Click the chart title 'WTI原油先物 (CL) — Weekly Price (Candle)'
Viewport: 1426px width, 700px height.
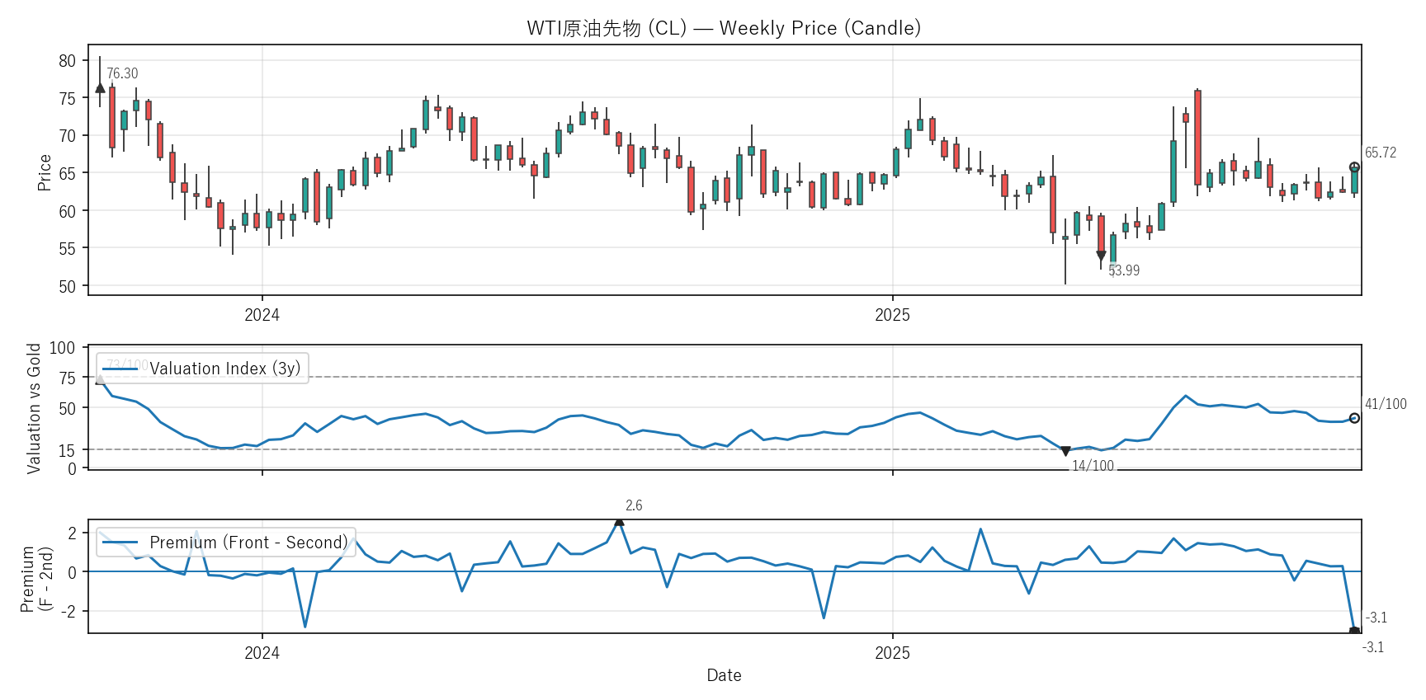pyautogui.click(x=724, y=28)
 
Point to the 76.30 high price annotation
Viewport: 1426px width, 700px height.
pyautogui.click(x=122, y=73)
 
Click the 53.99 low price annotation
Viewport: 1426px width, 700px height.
pyautogui.click(x=1123, y=270)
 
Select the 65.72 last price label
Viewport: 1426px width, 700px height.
pyautogui.click(x=1380, y=153)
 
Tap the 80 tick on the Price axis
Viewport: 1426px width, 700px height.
pyautogui.click(x=67, y=60)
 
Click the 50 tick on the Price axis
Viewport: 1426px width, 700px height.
pyautogui.click(x=67, y=286)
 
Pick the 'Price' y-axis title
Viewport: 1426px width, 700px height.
pyautogui.click(x=45, y=172)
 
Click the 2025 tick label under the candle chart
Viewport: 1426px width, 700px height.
pyautogui.click(x=892, y=315)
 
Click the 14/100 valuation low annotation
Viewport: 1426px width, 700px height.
pyautogui.click(x=1093, y=466)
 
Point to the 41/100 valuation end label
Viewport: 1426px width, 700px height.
pyautogui.click(x=1385, y=404)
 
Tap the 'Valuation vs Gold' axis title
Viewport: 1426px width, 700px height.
pyautogui.click(x=34, y=408)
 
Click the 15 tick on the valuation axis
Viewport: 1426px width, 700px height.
pyautogui.click(x=67, y=450)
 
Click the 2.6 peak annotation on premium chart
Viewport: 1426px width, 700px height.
pyautogui.click(x=634, y=505)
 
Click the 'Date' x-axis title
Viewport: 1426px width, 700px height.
pyautogui.click(x=724, y=675)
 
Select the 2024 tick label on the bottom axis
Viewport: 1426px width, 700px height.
pyautogui.click(x=262, y=653)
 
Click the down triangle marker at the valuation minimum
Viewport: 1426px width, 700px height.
pyautogui.click(x=1065, y=451)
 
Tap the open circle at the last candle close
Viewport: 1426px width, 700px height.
pyautogui.click(x=1354, y=167)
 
